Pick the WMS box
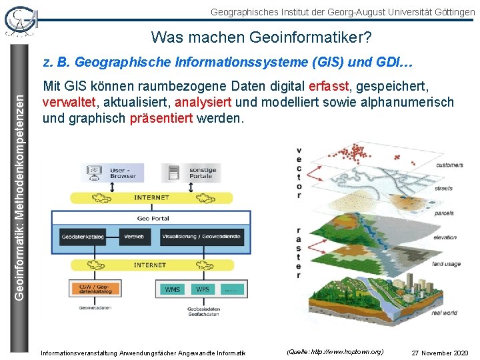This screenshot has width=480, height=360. point(173,289)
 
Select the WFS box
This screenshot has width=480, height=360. point(203,289)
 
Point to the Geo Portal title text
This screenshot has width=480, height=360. point(153,218)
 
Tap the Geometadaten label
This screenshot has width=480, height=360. point(93,307)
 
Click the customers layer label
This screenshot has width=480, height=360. point(450,165)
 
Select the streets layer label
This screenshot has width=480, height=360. point(443,189)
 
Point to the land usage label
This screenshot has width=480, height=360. point(446,264)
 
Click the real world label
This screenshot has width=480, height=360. point(444,313)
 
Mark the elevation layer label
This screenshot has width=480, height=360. point(445,237)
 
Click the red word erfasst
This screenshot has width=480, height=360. point(327,87)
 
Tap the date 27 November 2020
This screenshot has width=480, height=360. point(440,352)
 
